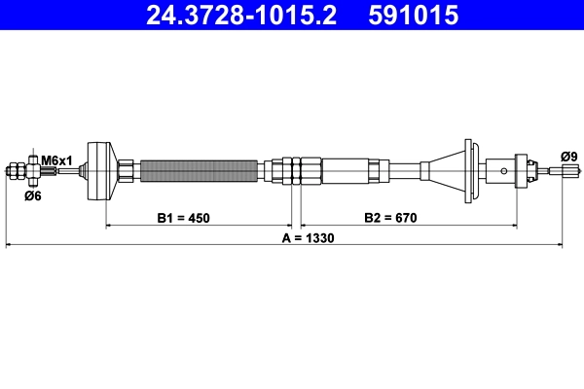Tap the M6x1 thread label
[x=57, y=159]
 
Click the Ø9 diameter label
[x=568, y=156]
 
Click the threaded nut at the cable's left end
[x=16, y=172]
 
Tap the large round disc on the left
[x=99, y=171]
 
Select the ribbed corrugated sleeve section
[x=200, y=171]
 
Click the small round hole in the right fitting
[x=503, y=171]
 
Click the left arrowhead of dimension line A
[x=10, y=246]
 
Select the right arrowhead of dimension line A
[x=560, y=246]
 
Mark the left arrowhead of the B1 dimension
[x=109, y=226]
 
